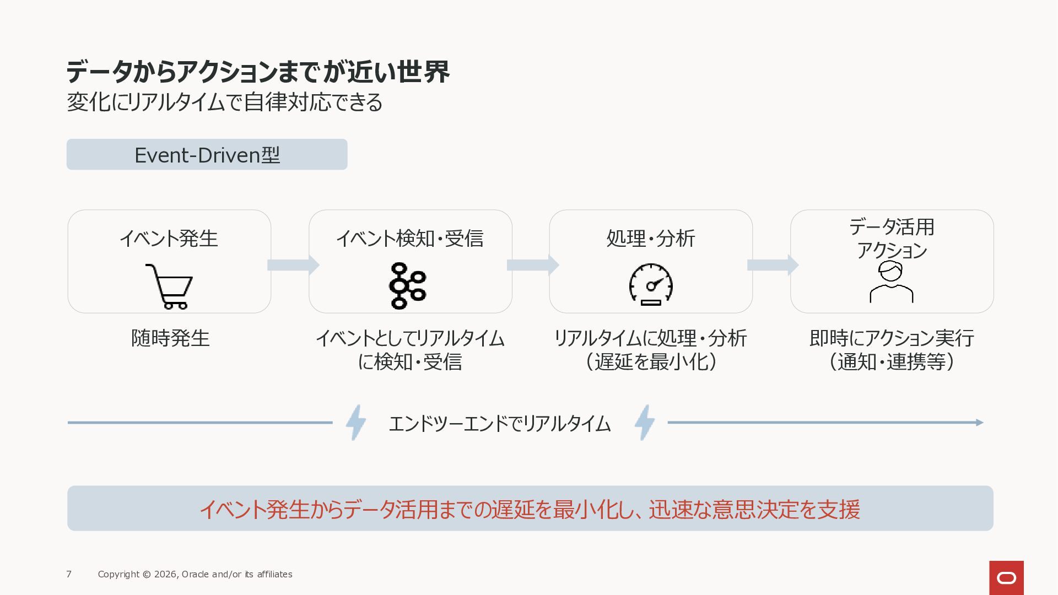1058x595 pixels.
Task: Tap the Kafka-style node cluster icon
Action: point(408,286)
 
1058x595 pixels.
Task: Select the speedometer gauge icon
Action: point(651,284)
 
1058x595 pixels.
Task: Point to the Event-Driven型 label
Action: point(207,155)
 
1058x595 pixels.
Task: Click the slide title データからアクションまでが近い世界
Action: point(258,72)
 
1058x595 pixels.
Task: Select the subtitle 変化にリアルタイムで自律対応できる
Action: point(225,102)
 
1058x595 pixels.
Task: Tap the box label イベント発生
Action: point(169,239)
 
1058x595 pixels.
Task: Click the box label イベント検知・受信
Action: point(409,239)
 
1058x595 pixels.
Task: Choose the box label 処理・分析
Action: point(651,239)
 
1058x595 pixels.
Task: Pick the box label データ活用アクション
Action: point(892,238)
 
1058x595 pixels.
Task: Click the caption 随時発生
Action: point(170,338)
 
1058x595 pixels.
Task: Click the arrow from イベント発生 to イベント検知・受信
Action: point(293,265)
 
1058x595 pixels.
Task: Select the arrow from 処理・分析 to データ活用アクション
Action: point(773,265)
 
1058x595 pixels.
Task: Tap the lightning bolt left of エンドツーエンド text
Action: point(356,423)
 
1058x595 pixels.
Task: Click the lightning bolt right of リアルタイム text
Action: point(645,423)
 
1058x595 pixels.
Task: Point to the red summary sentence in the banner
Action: point(530,509)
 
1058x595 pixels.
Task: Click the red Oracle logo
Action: point(1006,578)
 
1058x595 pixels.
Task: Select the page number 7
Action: point(69,574)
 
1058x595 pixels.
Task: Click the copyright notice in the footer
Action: point(195,574)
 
